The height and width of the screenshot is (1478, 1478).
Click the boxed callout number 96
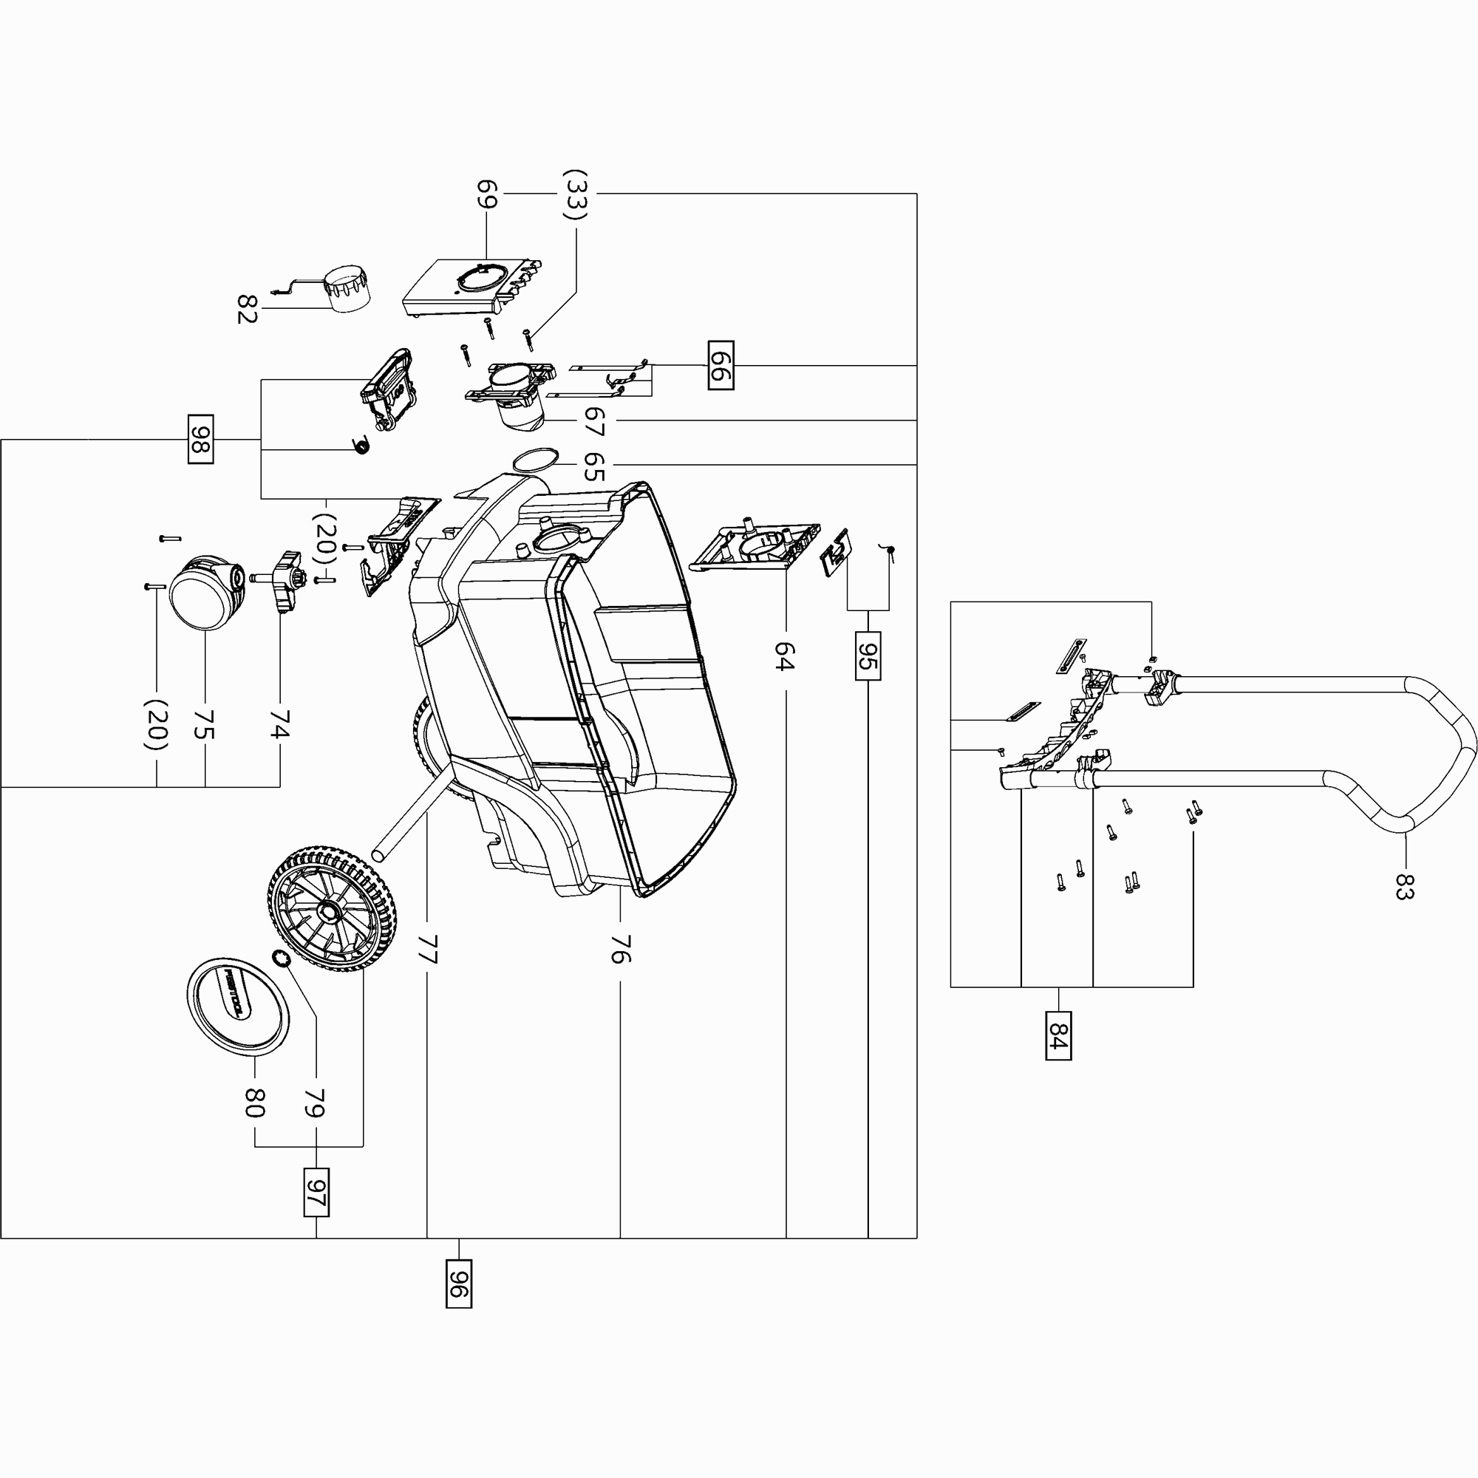tap(458, 1283)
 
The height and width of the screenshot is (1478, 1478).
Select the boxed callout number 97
tap(316, 1192)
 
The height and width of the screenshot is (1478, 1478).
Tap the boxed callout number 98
tap(200, 439)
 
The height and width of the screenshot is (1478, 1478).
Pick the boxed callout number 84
tap(1058, 1035)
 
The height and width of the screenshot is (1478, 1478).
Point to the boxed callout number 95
tap(868, 655)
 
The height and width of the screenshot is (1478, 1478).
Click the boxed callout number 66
tap(721, 366)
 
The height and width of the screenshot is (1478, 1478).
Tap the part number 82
tap(246, 308)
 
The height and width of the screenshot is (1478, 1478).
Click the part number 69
tap(487, 194)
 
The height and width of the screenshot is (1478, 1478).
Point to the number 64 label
tap(785, 656)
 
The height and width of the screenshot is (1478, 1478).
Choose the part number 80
tap(255, 1103)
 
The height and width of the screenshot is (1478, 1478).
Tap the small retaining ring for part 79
tap(281, 958)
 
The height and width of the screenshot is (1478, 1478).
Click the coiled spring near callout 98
tap(361, 444)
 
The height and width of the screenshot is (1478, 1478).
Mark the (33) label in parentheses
tap(575, 194)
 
